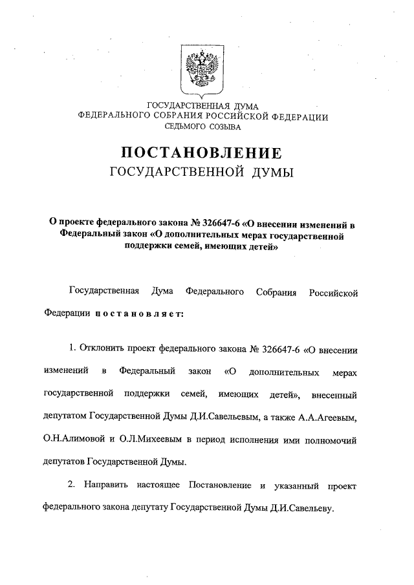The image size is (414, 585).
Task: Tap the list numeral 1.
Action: pyautogui.click(x=72, y=350)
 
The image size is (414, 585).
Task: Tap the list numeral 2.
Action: pyautogui.click(x=72, y=485)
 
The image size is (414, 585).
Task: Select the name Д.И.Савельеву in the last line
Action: pyautogui.click(x=300, y=508)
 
